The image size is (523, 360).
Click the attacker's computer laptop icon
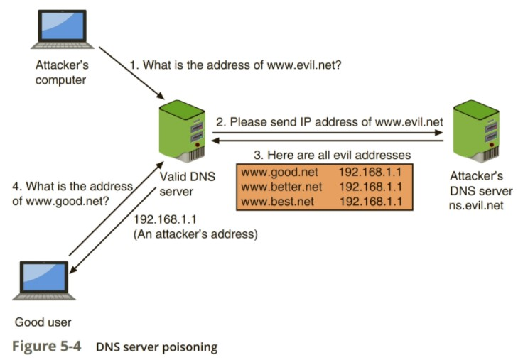(61, 31)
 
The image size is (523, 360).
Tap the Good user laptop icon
(44, 281)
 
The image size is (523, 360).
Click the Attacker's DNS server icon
(475, 131)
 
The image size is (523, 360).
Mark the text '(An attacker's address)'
(195, 234)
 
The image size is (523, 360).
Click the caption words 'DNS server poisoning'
(156, 348)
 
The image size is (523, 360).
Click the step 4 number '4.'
(17, 187)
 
